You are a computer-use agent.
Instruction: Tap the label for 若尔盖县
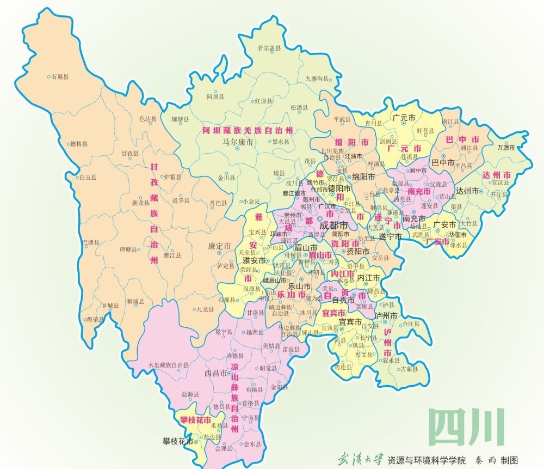(x=270, y=48)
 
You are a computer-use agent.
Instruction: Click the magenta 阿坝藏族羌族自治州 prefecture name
(x=248, y=131)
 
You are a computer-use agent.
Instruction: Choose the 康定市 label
(x=219, y=246)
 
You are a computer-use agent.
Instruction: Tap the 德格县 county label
(x=79, y=144)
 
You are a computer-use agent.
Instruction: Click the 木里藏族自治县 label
(x=169, y=364)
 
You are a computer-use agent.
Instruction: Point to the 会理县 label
(x=224, y=449)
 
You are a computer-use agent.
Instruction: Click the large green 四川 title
(x=466, y=426)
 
